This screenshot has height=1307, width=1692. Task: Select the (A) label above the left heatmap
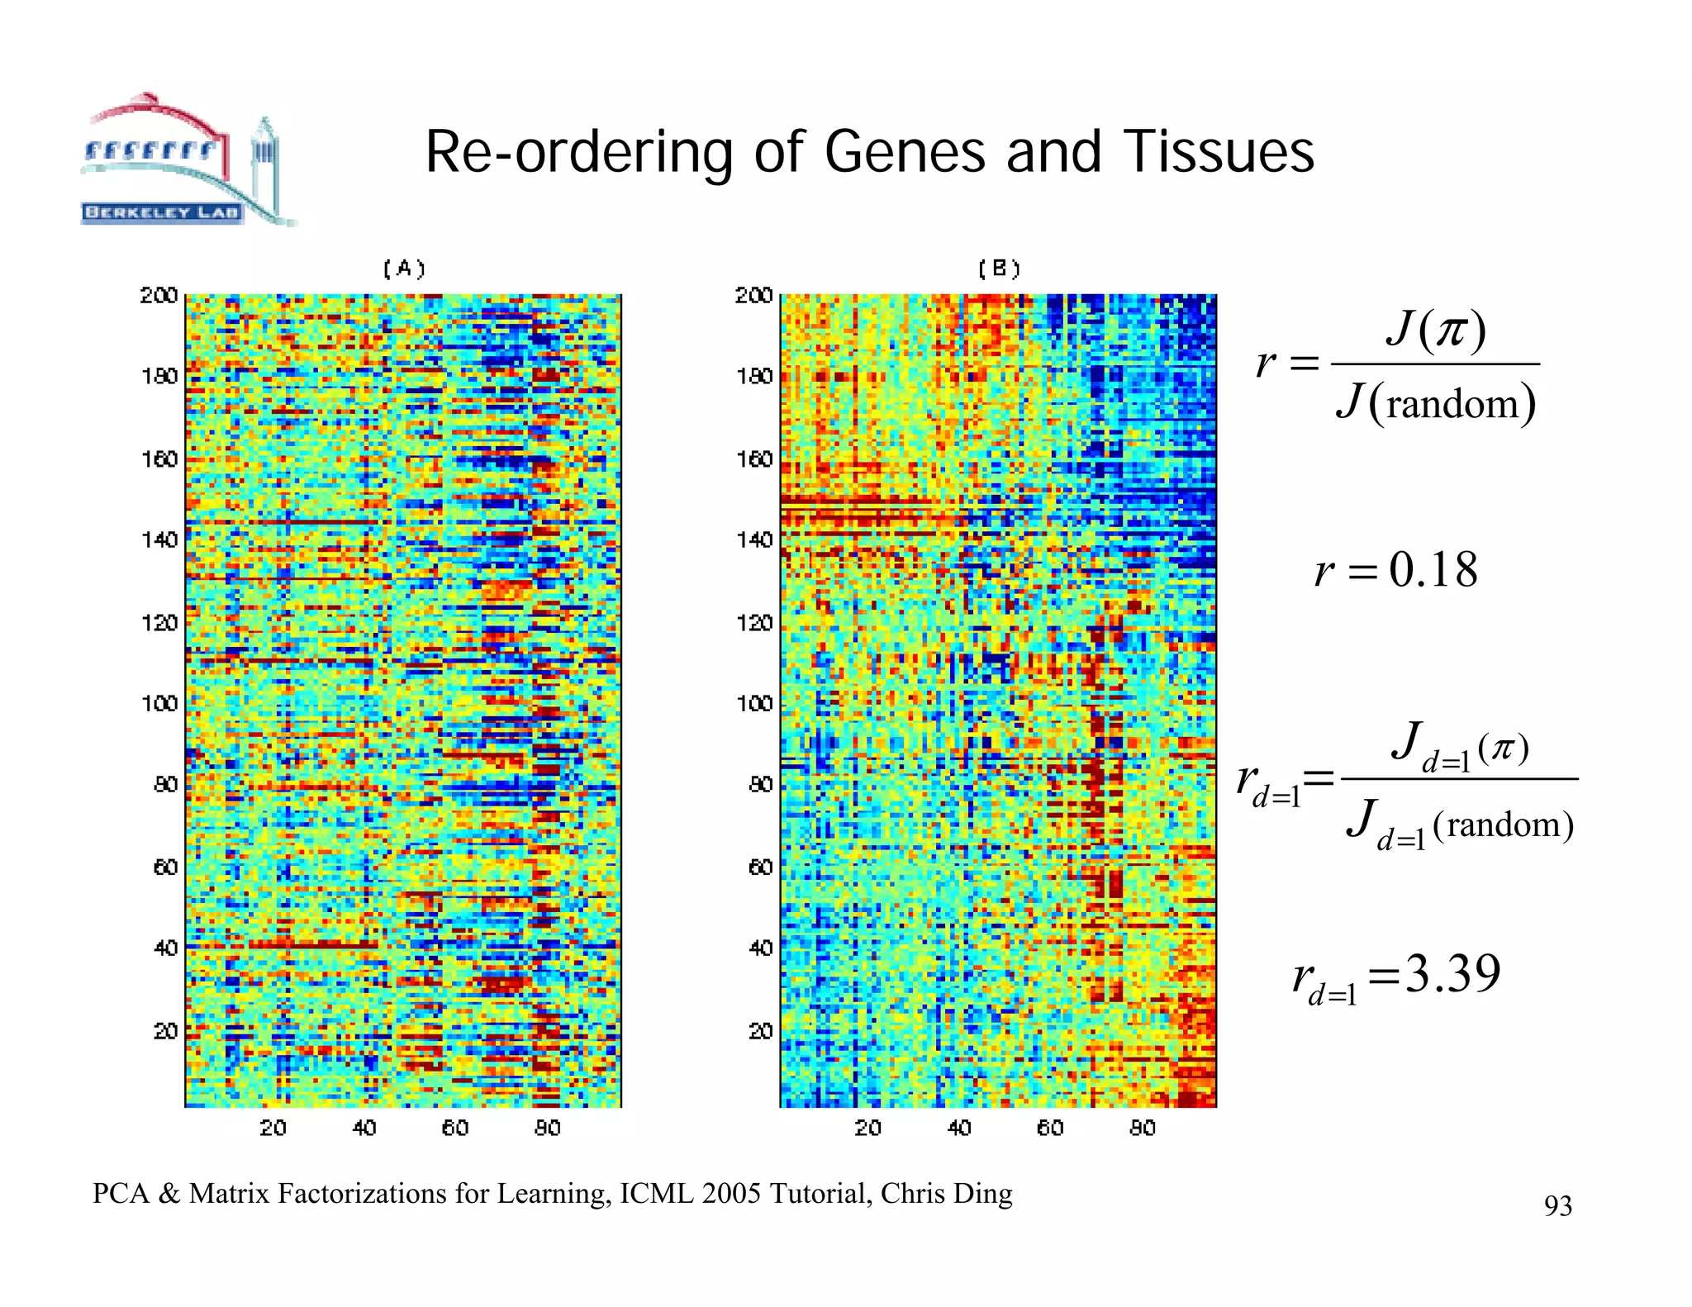[x=404, y=269]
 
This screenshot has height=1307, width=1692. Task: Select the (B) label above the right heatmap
[x=999, y=269]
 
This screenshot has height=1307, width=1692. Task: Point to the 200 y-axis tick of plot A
[x=159, y=295]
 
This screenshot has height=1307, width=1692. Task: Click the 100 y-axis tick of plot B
[x=753, y=703]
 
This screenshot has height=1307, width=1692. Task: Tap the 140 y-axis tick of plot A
[x=159, y=539]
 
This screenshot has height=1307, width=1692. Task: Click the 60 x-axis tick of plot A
[x=454, y=1128]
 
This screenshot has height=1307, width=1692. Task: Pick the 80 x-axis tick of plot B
[x=1142, y=1128]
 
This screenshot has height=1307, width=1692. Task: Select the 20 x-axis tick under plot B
[x=867, y=1128]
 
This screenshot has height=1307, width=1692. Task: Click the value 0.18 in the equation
[x=1433, y=570]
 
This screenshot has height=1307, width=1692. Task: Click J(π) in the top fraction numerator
[x=1436, y=329]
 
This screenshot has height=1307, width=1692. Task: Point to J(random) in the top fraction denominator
[x=1436, y=403]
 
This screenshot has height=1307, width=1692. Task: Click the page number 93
[x=1557, y=1206]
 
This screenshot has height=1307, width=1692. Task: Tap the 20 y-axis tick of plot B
[x=760, y=1030]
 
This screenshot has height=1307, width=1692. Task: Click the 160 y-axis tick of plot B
[x=753, y=459]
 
